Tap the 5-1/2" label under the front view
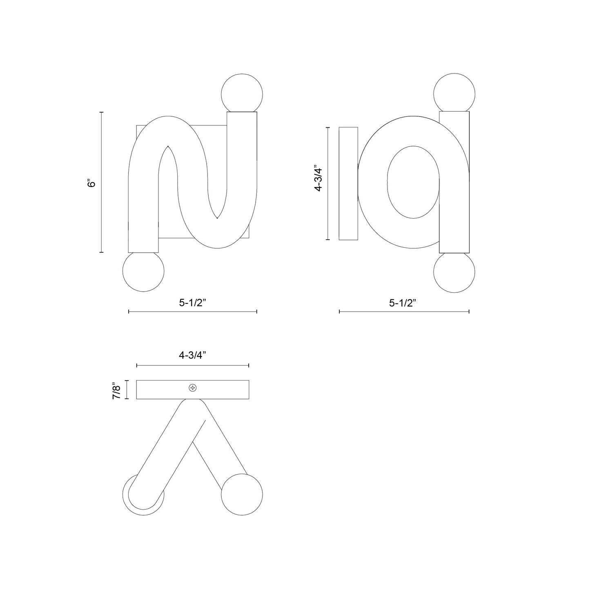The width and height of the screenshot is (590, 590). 193,303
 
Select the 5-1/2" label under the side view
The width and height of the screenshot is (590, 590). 403,303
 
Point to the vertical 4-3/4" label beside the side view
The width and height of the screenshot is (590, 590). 318,178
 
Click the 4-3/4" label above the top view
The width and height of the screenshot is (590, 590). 192,355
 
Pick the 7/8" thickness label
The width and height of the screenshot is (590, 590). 117,390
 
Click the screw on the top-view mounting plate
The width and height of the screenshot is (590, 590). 192,388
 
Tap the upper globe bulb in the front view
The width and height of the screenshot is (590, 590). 241,92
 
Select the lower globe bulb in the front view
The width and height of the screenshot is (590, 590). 143,271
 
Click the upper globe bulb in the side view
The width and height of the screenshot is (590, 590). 454,92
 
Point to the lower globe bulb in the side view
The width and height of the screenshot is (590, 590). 454,273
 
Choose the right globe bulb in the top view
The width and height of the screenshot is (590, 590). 242,494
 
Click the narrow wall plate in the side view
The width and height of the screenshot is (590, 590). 348,183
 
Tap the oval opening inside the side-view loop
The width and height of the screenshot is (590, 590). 413,182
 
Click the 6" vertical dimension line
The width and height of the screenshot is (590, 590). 102,182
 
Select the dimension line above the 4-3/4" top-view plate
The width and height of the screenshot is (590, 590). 192,365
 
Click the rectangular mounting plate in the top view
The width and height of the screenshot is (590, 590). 163,390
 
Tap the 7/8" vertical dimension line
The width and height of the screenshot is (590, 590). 127,390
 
